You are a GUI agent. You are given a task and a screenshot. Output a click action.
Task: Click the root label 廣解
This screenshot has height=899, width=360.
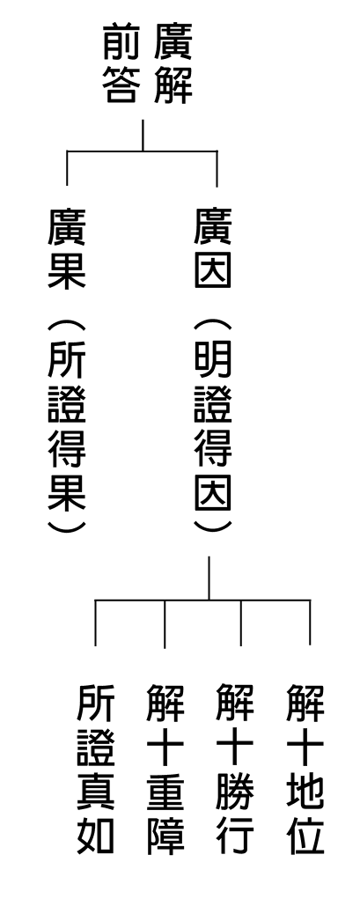click(x=173, y=63)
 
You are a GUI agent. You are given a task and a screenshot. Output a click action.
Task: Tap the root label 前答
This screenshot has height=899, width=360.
click(x=121, y=63)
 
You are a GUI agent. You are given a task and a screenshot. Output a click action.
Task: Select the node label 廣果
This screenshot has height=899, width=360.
click(x=67, y=248)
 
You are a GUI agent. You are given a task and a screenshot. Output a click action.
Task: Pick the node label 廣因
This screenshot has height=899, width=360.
click(x=213, y=248)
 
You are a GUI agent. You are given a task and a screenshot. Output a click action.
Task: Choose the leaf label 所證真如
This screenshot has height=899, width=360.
click(x=96, y=770)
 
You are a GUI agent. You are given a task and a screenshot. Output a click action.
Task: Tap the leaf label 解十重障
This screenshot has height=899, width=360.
click(x=165, y=770)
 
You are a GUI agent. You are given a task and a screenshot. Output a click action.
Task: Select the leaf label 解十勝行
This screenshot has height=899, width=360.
click(x=235, y=770)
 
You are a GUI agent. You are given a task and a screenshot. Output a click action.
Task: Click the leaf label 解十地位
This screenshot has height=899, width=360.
click(x=305, y=770)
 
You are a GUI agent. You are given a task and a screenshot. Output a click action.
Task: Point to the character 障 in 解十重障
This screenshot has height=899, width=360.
click(x=165, y=835)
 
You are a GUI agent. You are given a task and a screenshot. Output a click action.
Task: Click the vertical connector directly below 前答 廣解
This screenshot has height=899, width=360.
click(x=143, y=136)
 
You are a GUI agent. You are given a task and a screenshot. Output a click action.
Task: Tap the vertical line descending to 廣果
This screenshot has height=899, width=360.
click(x=67, y=168)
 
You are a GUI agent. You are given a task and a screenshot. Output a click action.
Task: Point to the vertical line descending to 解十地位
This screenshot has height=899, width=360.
click(x=310, y=623)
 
